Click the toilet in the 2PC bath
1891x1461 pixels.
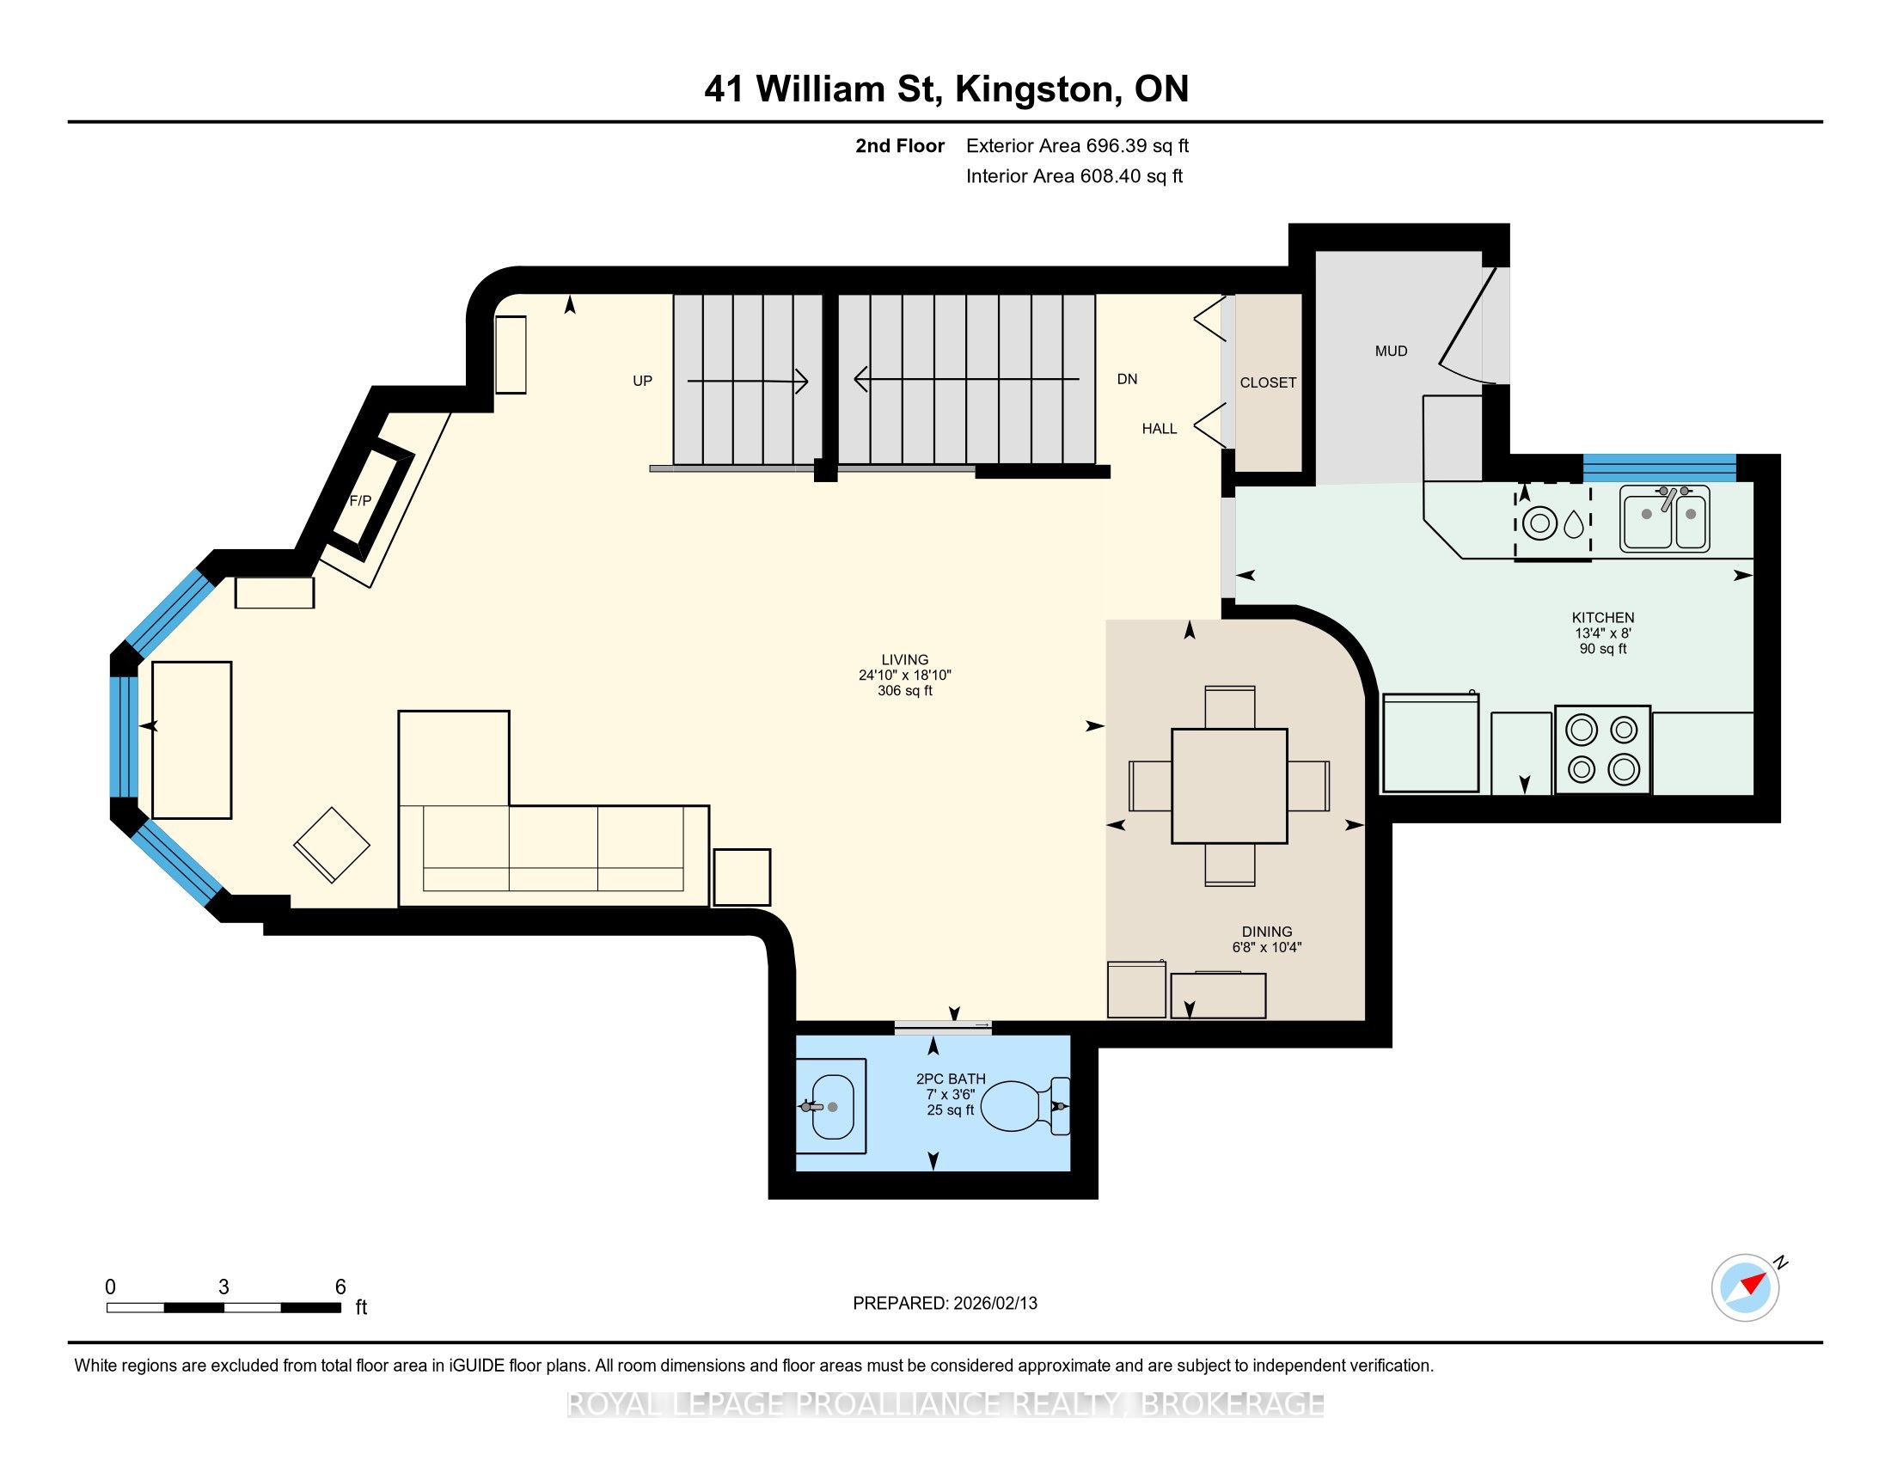(1027, 1106)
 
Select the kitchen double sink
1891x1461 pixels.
(1665, 518)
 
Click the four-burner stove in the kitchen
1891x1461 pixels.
(1603, 749)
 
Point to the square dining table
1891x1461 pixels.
(1229, 786)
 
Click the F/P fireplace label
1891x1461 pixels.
(360, 501)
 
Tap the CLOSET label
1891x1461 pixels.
(1269, 382)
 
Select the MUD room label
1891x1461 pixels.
(1392, 351)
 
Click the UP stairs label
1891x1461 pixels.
(642, 381)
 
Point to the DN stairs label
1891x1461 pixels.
(1128, 379)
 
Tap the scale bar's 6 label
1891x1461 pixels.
(341, 1287)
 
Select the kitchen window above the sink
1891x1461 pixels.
(1660, 468)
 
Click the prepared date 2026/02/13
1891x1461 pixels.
(994, 1304)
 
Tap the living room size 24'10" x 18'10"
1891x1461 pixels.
(905, 675)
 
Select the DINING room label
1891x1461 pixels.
(1267, 932)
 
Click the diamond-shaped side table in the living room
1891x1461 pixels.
(332, 845)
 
